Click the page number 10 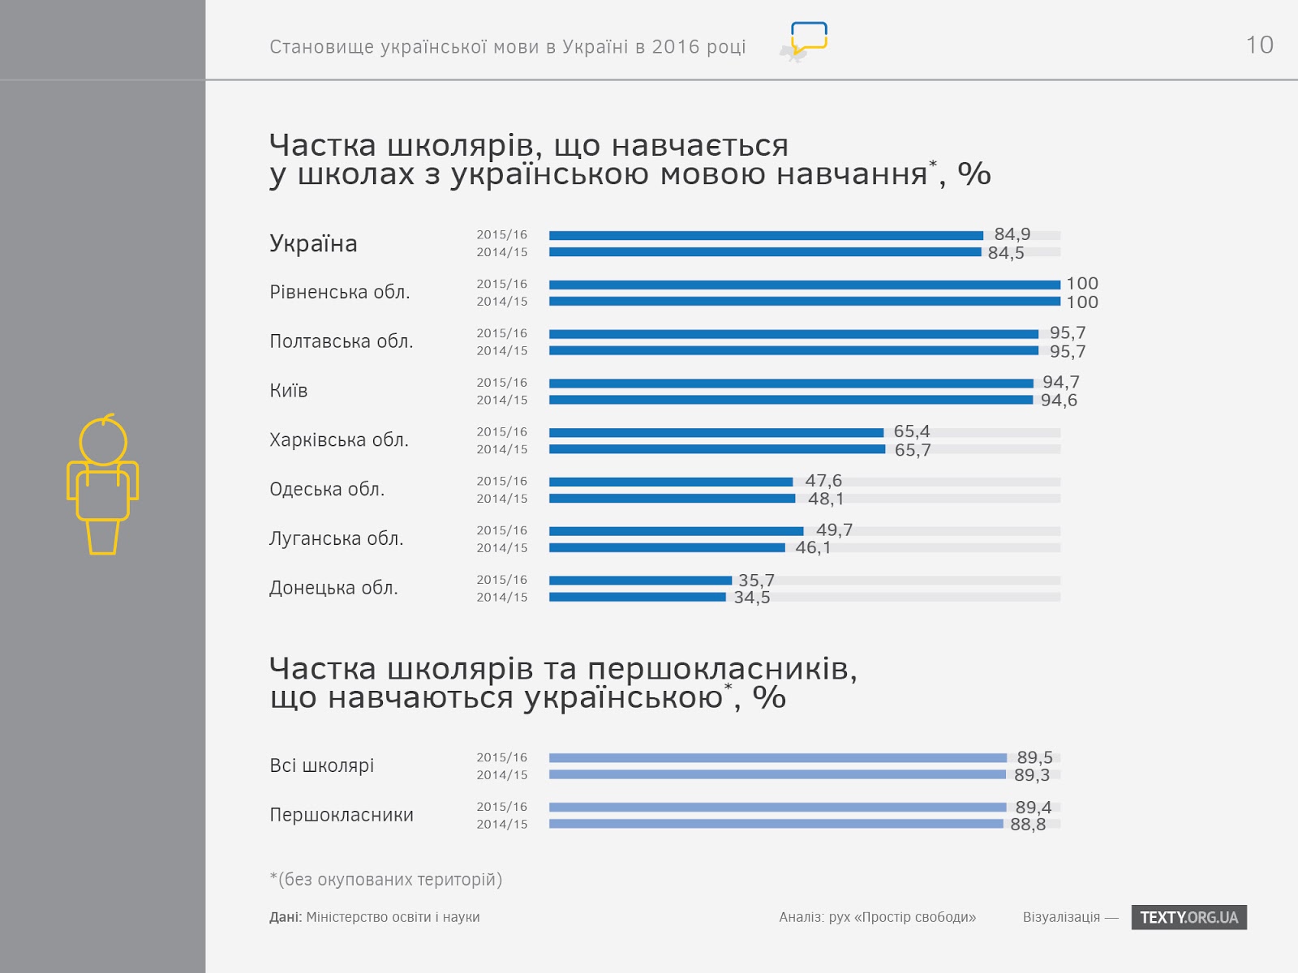(x=1259, y=45)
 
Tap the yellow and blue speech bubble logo (x=808, y=39)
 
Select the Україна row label (x=313, y=243)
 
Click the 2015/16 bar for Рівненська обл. (x=804, y=285)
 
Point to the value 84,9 (x=1012, y=234)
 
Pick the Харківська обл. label (x=339, y=440)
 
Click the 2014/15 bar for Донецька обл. (x=638, y=598)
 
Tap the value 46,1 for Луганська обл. (x=813, y=548)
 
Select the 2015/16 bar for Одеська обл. (x=671, y=482)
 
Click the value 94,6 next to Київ (x=1059, y=401)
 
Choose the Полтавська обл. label (x=342, y=341)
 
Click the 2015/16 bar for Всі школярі (x=777, y=758)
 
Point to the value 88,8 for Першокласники (x=1028, y=825)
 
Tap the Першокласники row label (x=342, y=815)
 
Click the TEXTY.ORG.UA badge (x=1188, y=917)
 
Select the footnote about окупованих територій (x=386, y=880)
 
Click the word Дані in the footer (x=285, y=917)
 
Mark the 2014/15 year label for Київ (x=502, y=401)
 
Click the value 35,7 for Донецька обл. (x=756, y=581)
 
